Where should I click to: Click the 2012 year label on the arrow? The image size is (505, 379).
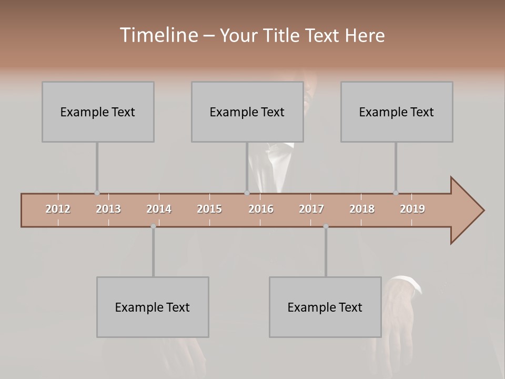(58, 209)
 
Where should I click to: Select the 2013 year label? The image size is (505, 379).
(108, 209)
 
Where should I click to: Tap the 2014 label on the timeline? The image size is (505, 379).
(159, 209)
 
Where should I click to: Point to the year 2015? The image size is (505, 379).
(209, 209)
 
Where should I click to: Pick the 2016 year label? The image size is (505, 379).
(261, 209)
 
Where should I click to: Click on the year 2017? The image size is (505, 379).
(311, 209)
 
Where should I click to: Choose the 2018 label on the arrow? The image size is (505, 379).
(362, 209)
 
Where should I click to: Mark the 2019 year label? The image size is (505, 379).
(412, 209)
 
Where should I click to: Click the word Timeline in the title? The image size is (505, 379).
(158, 35)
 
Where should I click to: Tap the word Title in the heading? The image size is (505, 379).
(282, 35)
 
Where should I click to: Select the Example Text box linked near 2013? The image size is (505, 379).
(98, 112)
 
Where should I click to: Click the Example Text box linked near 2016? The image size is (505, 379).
(247, 112)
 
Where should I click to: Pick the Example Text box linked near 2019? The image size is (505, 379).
(397, 112)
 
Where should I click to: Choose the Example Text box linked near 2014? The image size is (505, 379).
(153, 307)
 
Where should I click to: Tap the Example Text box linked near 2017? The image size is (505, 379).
(325, 307)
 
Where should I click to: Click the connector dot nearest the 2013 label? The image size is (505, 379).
(97, 193)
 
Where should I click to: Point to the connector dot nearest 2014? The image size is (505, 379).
(153, 226)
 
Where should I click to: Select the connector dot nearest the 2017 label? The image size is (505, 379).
(326, 226)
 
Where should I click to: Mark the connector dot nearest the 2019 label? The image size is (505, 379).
(396, 193)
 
